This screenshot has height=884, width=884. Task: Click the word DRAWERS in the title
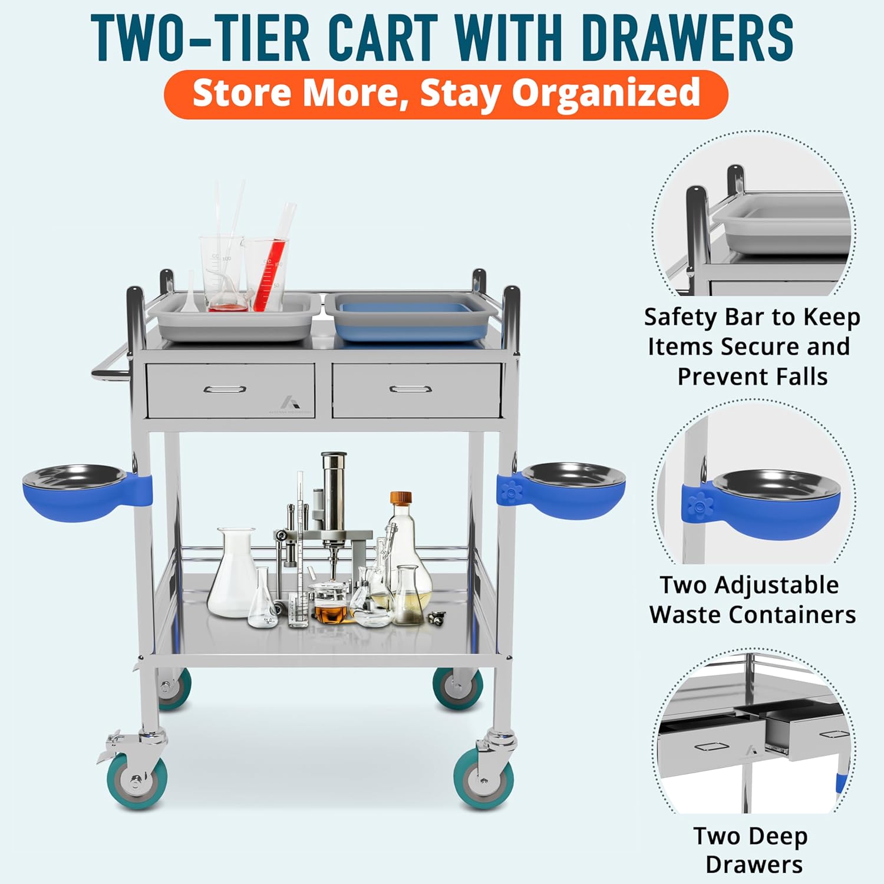click(687, 37)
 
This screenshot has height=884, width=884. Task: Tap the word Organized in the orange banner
click(605, 94)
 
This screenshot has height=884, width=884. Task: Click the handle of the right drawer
click(410, 389)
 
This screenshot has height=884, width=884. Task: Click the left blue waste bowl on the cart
click(75, 492)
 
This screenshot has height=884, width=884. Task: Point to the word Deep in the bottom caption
click(779, 836)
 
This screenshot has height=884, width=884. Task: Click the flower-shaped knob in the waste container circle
click(700, 505)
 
